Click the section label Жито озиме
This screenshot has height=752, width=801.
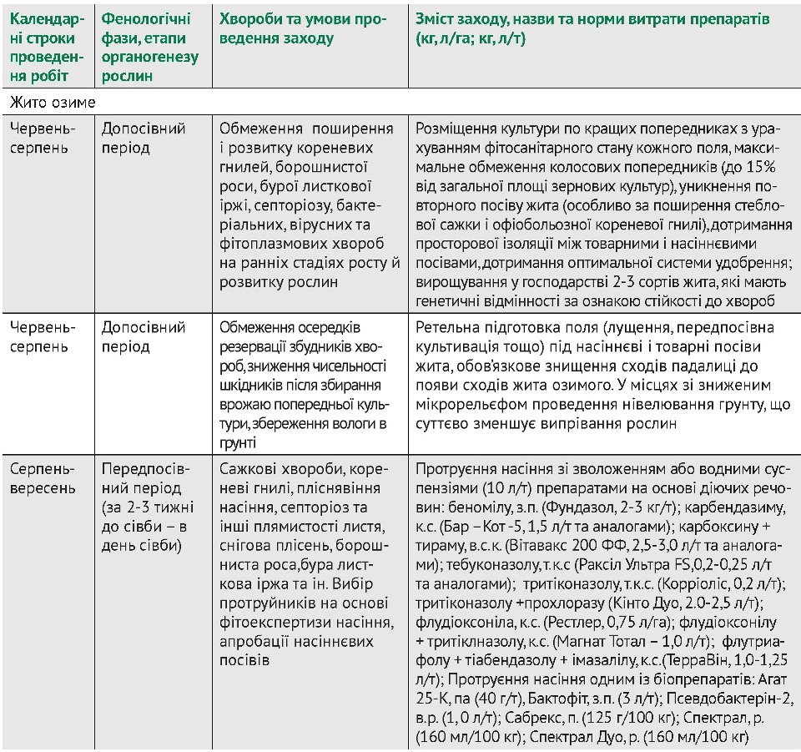click(53, 102)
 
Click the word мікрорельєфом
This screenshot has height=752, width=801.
click(467, 405)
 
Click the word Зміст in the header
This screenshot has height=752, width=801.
click(435, 19)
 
